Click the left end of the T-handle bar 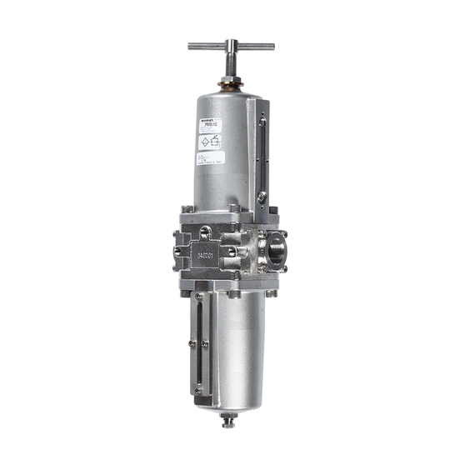point(192,47)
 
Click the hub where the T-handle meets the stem point(230,47)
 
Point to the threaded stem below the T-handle point(230,67)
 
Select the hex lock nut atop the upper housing point(230,83)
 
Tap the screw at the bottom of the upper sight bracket point(262,197)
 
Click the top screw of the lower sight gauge point(197,296)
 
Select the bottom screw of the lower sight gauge point(197,390)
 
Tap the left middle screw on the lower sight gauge point(192,343)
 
